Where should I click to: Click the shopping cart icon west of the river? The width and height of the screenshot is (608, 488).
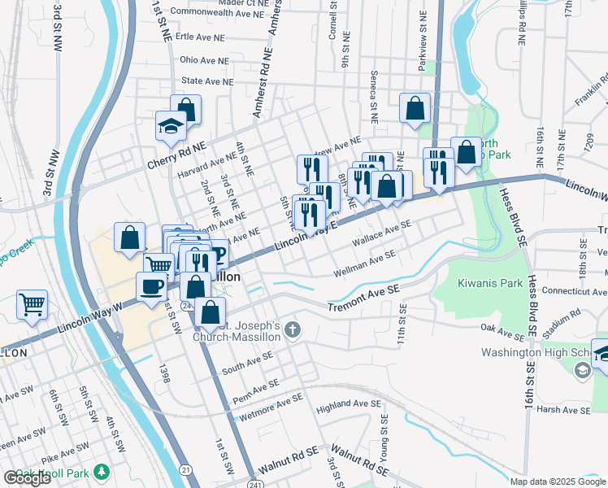click(x=33, y=304)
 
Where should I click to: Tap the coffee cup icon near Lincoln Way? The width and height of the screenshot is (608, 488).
click(x=151, y=286)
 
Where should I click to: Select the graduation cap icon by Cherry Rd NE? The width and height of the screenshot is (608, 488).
click(x=172, y=126)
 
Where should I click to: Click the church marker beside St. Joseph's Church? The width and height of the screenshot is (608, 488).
click(x=293, y=329)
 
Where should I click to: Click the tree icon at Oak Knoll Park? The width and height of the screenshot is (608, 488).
click(x=101, y=472)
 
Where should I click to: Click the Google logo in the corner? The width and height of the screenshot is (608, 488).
click(x=28, y=478)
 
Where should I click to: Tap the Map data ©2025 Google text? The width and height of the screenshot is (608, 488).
click(x=558, y=481)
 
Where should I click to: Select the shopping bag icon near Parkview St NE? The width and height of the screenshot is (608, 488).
click(x=415, y=107)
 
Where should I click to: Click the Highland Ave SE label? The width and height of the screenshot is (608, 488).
click(x=349, y=404)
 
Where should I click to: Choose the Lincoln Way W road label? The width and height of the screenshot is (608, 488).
click(x=89, y=320)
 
